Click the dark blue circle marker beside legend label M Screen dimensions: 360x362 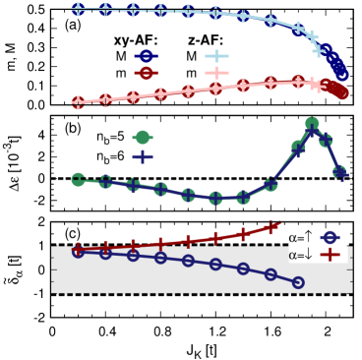click(x=143, y=56)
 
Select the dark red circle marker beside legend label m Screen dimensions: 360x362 click(x=143, y=73)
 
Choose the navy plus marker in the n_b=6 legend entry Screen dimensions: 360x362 click(x=143, y=155)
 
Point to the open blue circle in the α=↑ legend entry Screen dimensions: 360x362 click(x=331, y=237)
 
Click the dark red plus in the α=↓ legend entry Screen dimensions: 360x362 click(x=331, y=254)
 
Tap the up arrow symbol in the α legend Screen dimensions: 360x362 click(x=308, y=237)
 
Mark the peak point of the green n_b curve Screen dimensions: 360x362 click(x=312, y=124)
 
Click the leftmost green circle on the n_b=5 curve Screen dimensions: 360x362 click(x=78, y=179)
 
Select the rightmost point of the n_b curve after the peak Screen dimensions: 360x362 click(x=340, y=173)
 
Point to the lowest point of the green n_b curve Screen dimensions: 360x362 click(x=216, y=198)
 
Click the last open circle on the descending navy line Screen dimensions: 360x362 click(x=298, y=282)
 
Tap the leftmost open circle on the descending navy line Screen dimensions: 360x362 click(x=78, y=252)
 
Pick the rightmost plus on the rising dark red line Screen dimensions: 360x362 click(x=273, y=227)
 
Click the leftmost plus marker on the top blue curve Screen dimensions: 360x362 click(x=78, y=10)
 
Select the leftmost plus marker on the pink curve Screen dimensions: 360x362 click(x=78, y=101)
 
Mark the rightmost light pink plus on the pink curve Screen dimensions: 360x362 click(x=317, y=85)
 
